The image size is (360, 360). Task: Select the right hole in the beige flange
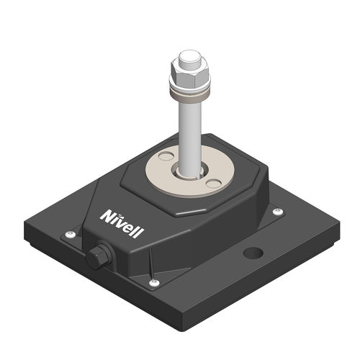pyautogui.click(x=211, y=184)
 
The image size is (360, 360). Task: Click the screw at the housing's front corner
pyautogui.click(x=155, y=284)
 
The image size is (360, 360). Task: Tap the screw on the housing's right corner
pyautogui.click(x=278, y=211)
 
